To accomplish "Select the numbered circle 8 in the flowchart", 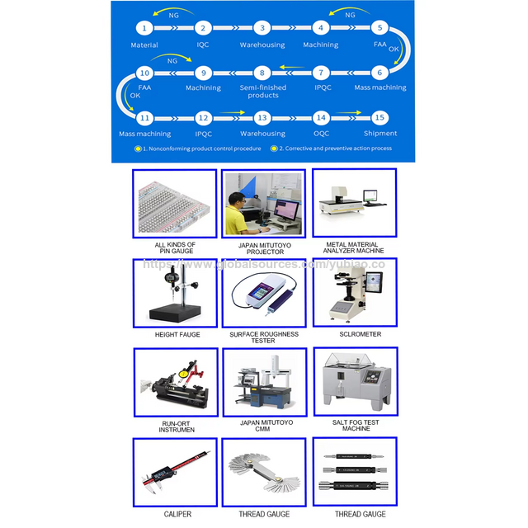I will click(262, 73).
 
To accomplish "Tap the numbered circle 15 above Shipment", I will click(379, 118).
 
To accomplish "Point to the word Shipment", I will click(379, 134).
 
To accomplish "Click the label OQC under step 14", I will click(321, 134).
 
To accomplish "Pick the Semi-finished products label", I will click(262, 92).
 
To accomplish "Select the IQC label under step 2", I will click(203, 45).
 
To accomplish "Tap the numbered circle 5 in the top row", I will click(379, 27).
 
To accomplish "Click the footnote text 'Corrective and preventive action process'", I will click(335, 148).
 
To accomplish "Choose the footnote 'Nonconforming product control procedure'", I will click(201, 148).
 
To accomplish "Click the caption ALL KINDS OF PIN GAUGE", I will click(174, 249).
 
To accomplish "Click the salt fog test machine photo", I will click(355, 380).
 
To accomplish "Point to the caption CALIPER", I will click(174, 514).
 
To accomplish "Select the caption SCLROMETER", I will click(355, 335).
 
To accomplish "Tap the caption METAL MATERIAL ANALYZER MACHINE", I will click(355, 249).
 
